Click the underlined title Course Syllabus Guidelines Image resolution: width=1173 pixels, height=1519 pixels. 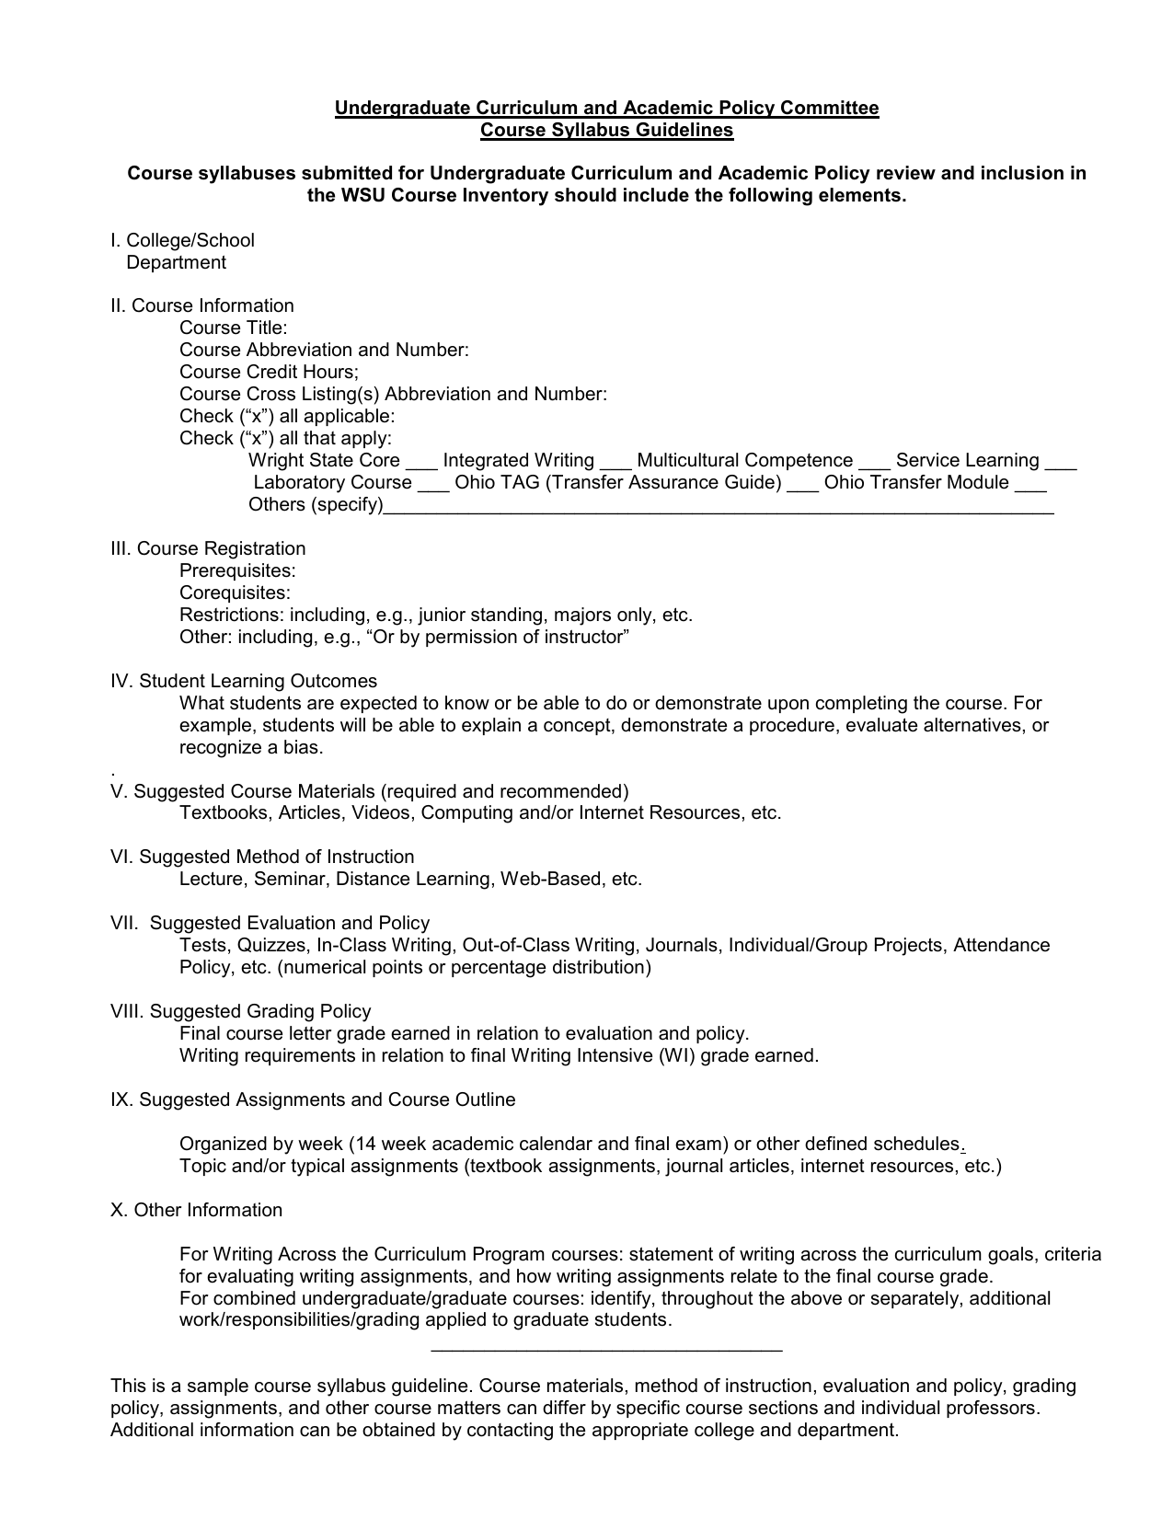(x=606, y=130)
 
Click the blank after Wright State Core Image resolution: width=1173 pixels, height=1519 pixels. (x=420, y=465)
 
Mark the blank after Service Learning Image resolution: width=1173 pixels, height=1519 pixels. (x=1060, y=465)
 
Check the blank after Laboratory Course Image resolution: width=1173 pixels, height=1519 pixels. (x=432, y=487)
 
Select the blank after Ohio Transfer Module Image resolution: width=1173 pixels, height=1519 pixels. (x=1030, y=487)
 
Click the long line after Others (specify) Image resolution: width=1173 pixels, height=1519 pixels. (x=718, y=510)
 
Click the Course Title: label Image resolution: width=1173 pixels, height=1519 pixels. (x=233, y=328)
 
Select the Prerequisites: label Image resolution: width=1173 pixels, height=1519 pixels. (x=237, y=570)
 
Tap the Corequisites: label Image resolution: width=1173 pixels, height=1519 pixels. (x=235, y=593)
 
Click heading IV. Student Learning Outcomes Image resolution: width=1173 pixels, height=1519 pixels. (x=244, y=681)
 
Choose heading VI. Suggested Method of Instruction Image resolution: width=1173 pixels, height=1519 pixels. (x=262, y=857)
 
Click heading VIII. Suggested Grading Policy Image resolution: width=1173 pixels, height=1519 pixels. (x=240, y=1011)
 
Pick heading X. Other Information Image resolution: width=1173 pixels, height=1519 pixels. (x=196, y=1210)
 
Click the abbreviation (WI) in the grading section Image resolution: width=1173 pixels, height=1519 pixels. (x=677, y=1055)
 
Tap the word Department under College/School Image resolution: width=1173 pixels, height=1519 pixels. (x=176, y=262)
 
